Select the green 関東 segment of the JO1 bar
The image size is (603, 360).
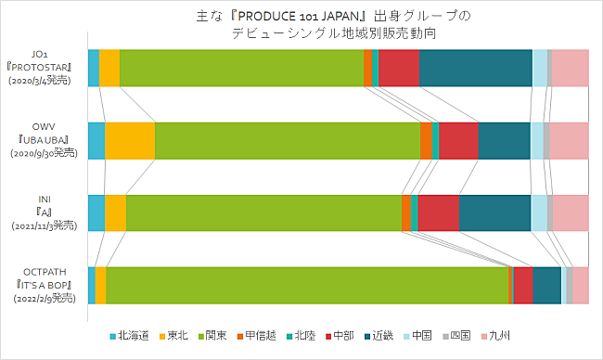(241, 68)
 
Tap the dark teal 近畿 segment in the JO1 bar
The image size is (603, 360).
(475, 68)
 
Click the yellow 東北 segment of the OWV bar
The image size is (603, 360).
(130, 140)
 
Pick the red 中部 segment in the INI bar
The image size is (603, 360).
(439, 212)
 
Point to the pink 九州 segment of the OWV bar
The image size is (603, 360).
(569, 140)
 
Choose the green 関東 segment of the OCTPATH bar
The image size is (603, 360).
(307, 285)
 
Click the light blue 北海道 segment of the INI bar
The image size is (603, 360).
(96, 212)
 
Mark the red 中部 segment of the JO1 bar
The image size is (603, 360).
(398, 68)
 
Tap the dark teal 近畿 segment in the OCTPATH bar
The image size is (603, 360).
(546, 285)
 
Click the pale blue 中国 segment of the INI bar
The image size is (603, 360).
(538, 212)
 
